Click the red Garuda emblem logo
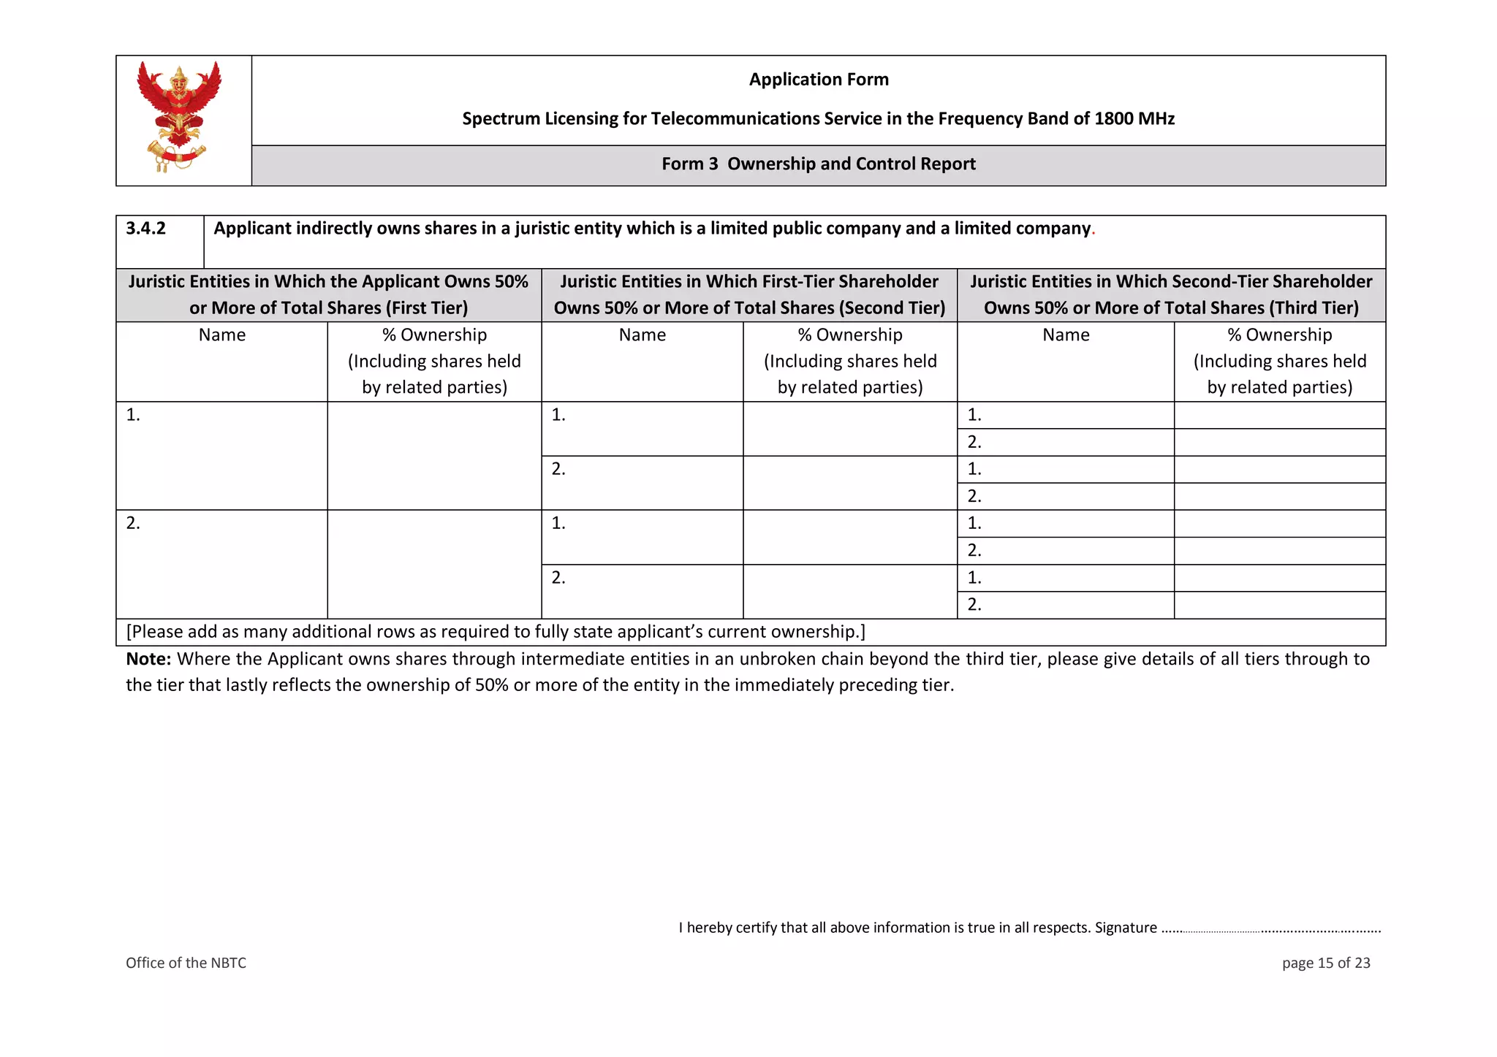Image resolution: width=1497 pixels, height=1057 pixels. [x=179, y=117]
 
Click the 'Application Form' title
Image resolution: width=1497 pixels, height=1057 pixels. [x=818, y=79]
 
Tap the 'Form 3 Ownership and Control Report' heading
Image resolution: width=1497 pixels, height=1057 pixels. [x=818, y=164]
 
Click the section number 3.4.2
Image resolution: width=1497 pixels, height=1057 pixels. [x=146, y=229]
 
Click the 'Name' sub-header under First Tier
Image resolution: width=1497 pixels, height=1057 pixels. [x=222, y=335]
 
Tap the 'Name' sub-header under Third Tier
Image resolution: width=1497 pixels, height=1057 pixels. [x=1065, y=335]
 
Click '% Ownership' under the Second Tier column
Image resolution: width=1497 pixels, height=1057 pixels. [x=849, y=335]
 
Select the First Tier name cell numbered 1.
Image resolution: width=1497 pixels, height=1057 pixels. [x=221, y=455]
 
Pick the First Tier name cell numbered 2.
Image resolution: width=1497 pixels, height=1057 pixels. [x=221, y=563]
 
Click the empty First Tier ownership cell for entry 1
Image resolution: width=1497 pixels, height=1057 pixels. [x=434, y=455]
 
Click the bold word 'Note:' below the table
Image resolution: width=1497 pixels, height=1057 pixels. [x=148, y=659]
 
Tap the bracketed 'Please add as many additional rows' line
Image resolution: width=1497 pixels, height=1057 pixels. [x=496, y=632]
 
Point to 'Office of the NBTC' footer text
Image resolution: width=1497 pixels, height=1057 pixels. [x=186, y=963]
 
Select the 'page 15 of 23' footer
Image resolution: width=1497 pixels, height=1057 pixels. [x=1325, y=963]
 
